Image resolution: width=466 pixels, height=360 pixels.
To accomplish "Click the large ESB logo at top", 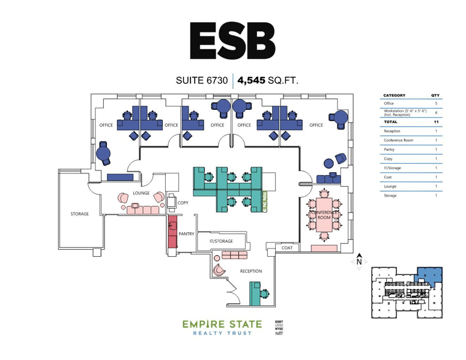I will coord(232,40).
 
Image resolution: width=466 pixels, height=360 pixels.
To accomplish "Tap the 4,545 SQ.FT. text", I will coord(268,80).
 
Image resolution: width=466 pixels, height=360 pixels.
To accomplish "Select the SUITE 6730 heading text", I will coord(202,80).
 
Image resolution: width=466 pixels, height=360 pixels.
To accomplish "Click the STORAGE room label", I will coord(79,214).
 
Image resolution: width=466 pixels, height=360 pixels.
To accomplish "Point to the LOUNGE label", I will coord(141,193).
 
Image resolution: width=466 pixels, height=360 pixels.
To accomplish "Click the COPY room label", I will coord(184,203).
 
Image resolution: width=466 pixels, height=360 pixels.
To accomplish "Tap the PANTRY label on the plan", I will coord(186,232).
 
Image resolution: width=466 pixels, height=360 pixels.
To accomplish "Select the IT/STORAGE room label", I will coord(220,241).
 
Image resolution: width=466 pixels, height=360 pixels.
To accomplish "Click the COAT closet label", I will coord(286,247).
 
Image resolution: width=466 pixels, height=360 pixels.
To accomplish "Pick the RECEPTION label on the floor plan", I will coord(250,271).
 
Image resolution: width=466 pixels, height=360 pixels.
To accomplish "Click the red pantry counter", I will coord(172,231).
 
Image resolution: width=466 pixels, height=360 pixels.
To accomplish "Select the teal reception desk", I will coord(255,292).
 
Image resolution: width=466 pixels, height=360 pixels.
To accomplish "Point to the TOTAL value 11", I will coord(435,122).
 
